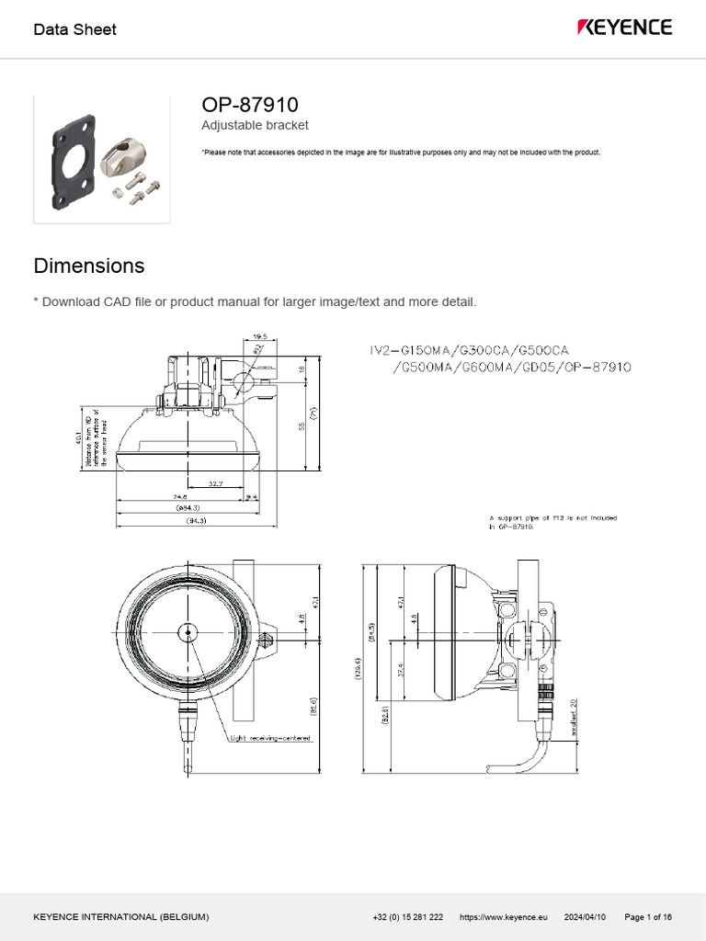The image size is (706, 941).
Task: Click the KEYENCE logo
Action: (x=624, y=28)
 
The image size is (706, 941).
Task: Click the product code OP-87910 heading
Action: (x=249, y=105)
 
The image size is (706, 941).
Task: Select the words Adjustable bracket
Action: (x=255, y=125)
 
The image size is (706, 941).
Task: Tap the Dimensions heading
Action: (x=89, y=266)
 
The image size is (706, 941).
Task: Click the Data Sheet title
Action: (x=74, y=29)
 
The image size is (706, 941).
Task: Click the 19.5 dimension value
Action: (x=260, y=336)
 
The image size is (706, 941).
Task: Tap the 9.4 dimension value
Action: (x=252, y=496)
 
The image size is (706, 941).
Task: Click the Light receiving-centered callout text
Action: (x=270, y=737)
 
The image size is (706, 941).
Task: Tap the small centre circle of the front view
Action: (x=188, y=631)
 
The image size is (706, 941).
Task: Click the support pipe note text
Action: (x=552, y=522)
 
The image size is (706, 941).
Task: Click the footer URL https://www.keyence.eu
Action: (x=503, y=917)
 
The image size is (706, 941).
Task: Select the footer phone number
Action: (x=408, y=917)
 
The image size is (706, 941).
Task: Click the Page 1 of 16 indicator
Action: (x=648, y=917)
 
